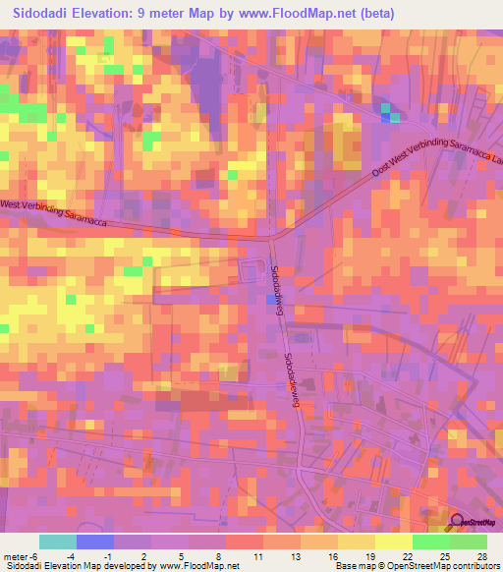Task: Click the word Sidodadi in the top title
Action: pos(48,14)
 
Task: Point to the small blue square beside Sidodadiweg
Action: pos(270,300)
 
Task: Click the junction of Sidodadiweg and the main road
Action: pos(272,238)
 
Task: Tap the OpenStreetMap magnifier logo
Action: pos(456,523)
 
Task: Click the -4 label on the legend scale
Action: pos(59,556)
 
